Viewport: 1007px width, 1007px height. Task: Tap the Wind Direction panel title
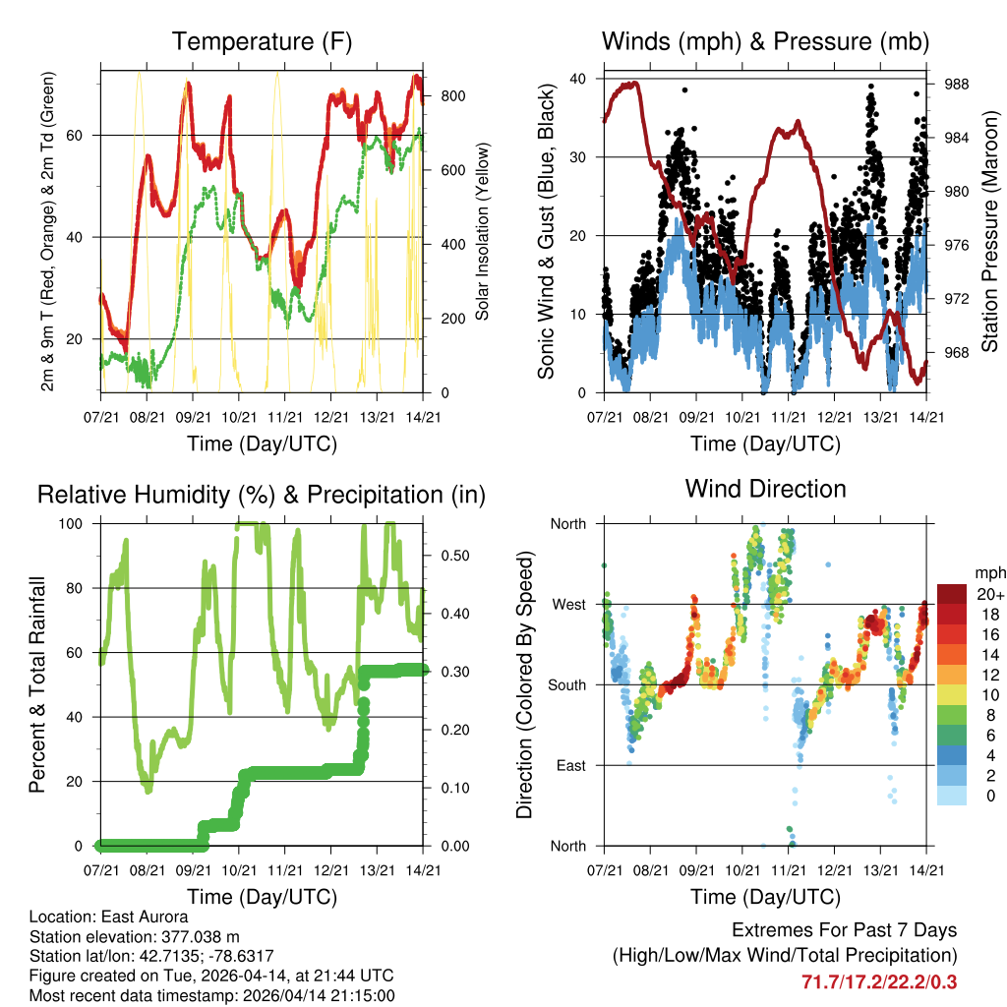click(765, 489)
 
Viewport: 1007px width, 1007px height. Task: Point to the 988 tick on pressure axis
click(957, 85)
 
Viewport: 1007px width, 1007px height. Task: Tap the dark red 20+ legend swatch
click(953, 594)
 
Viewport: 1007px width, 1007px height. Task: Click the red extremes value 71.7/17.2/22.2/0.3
click(879, 981)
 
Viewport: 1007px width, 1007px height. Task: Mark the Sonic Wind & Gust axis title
click(547, 231)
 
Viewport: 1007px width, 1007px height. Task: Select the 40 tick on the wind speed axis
click(580, 79)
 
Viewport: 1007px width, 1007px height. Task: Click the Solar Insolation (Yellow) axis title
click(483, 231)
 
